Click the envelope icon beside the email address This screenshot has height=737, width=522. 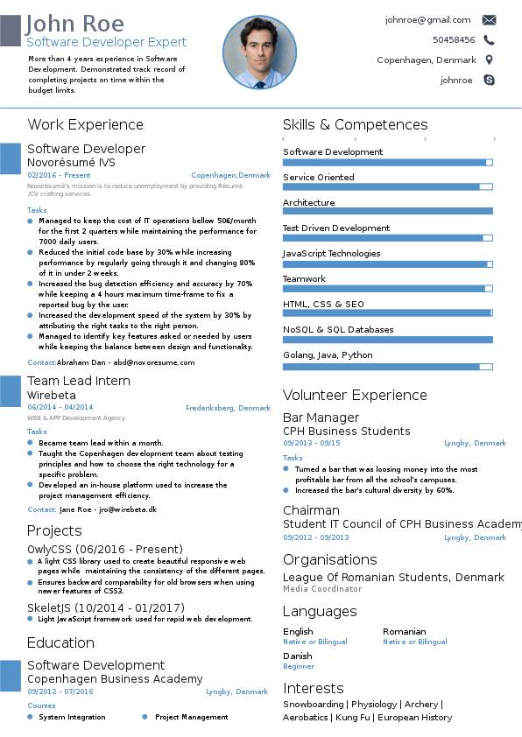pyautogui.click(x=489, y=20)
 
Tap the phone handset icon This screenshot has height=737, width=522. pyautogui.click(x=489, y=40)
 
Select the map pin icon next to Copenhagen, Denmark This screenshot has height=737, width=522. pyautogui.click(x=489, y=60)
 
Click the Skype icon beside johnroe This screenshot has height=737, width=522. pyautogui.click(x=489, y=80)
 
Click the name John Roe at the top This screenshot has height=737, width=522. pyautogui.click(x=74, y=24)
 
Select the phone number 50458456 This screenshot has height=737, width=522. pyautogui.click(x=454, y=40)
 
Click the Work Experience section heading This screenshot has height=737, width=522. pyautogui.click(x=85, y=124)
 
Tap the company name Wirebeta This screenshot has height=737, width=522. pyautogui.click(x=52, y=396)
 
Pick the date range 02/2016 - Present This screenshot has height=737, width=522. pyautogui.click(x=59, y=175)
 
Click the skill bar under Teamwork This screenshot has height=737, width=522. pyautogui.click(x=387, y=289)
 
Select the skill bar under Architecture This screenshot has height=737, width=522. pyautogui.click(x=387, y=212)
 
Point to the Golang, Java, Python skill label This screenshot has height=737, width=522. pyautogui.click(x=328, y=355)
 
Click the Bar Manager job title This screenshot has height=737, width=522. pyautogui.click(x=321, y=418)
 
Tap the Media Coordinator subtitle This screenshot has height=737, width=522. pyautogui.click(x=322, y=589)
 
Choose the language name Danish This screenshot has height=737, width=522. pyautogui.click(x=297, y=656)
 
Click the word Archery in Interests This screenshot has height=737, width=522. pyautogui.click(x=421, y=704)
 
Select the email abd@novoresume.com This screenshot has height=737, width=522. pyautogui.click(x=154, y=362)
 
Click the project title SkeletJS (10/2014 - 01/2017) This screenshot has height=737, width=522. pyautogui.click(x=106, y=607)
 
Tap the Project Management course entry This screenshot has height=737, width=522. pyautogui.click(x=192, y=717)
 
